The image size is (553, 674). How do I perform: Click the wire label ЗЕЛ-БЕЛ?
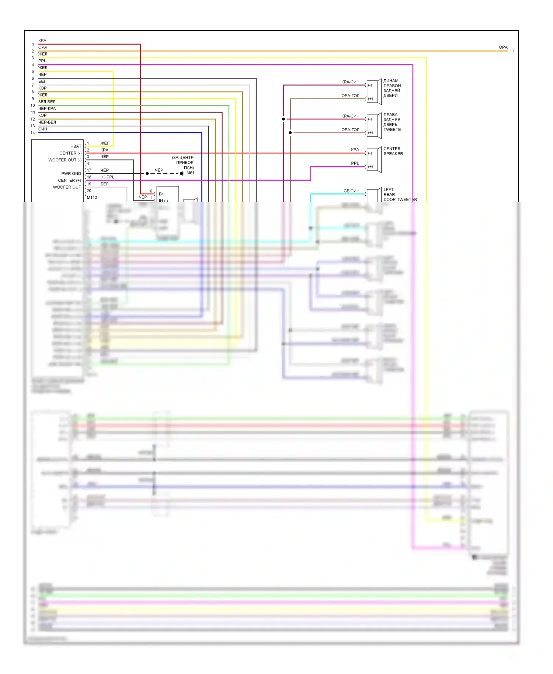tap(47, 102)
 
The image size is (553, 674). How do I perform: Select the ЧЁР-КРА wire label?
tap(47, 108)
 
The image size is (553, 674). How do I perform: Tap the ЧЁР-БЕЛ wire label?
tap(47, 122)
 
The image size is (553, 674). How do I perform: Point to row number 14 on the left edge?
tap(33, 133)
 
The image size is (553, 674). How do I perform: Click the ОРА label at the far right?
tap(503, 47)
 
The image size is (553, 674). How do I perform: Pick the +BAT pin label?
tap(76, 146)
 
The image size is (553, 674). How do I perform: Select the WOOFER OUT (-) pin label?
tap(65, 160)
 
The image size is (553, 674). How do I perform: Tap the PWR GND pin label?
tap(71, 174)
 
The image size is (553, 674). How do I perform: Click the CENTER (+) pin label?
tap(69, 180)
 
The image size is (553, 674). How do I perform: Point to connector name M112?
tap(92, 198)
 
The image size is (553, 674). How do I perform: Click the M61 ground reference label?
tap(190, 173)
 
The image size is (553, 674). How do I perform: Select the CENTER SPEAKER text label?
tap(393, 151)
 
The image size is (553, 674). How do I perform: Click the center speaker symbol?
tap(374, 160)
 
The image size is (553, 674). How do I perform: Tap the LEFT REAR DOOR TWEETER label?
tap(400, 195)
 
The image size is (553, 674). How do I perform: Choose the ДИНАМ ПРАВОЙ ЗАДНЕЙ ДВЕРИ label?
tap(392, 88)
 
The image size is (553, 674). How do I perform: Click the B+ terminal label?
tap(161, 194)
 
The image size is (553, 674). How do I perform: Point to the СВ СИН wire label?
tap(351, 191)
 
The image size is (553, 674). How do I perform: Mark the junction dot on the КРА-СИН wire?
tap(283, 119)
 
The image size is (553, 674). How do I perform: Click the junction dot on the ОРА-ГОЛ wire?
tap(290, 133)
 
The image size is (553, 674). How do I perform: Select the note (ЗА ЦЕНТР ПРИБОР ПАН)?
tap(183, 163)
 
